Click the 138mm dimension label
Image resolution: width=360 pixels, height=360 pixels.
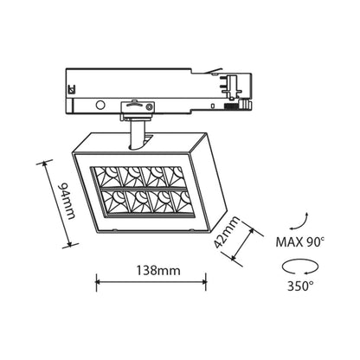[158, 271]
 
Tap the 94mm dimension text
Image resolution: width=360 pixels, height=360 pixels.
[67, 201]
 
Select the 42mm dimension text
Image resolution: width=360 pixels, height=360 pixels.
[227, 232]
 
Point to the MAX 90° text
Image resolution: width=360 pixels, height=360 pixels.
[300, 242]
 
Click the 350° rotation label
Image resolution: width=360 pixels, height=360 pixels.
[300, 286]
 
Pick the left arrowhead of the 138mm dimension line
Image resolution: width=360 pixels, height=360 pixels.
[98, 282]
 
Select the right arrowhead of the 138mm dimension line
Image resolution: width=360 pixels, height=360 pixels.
[203, 282]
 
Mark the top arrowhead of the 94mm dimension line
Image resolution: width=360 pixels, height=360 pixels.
[45, 165]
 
